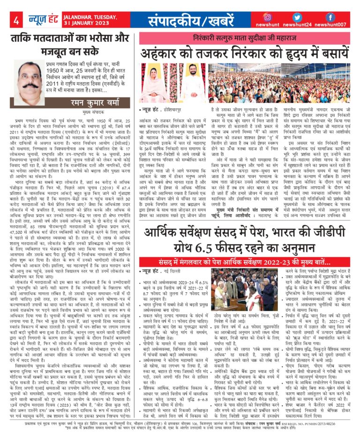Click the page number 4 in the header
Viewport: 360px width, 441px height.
tap(16, 20)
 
